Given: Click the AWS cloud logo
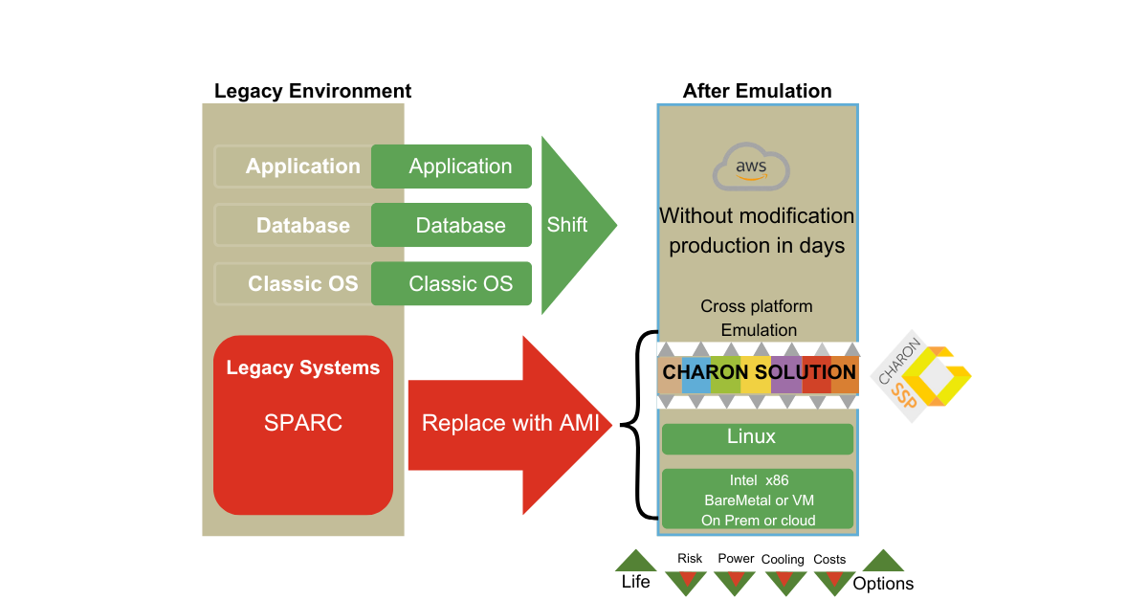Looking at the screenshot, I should click(x=751, y=168).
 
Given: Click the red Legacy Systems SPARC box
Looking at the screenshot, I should click(x=303, y=424).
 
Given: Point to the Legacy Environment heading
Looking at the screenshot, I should click(x=313, y=91).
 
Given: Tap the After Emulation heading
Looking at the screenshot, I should click(x=757, y=91).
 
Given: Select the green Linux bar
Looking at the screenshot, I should click(x=757, y=438).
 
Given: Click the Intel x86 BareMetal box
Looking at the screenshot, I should click(x=757, y=499).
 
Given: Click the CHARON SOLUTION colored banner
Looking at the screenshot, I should click(x=757, y=373).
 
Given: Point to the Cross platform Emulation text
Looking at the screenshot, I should click(x=757, y=318).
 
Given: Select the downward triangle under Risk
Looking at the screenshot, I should click(x=686, y=581).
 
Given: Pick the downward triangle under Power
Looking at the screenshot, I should click(x=735, y=581).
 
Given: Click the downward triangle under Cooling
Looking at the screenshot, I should click(x=784, y=581).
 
